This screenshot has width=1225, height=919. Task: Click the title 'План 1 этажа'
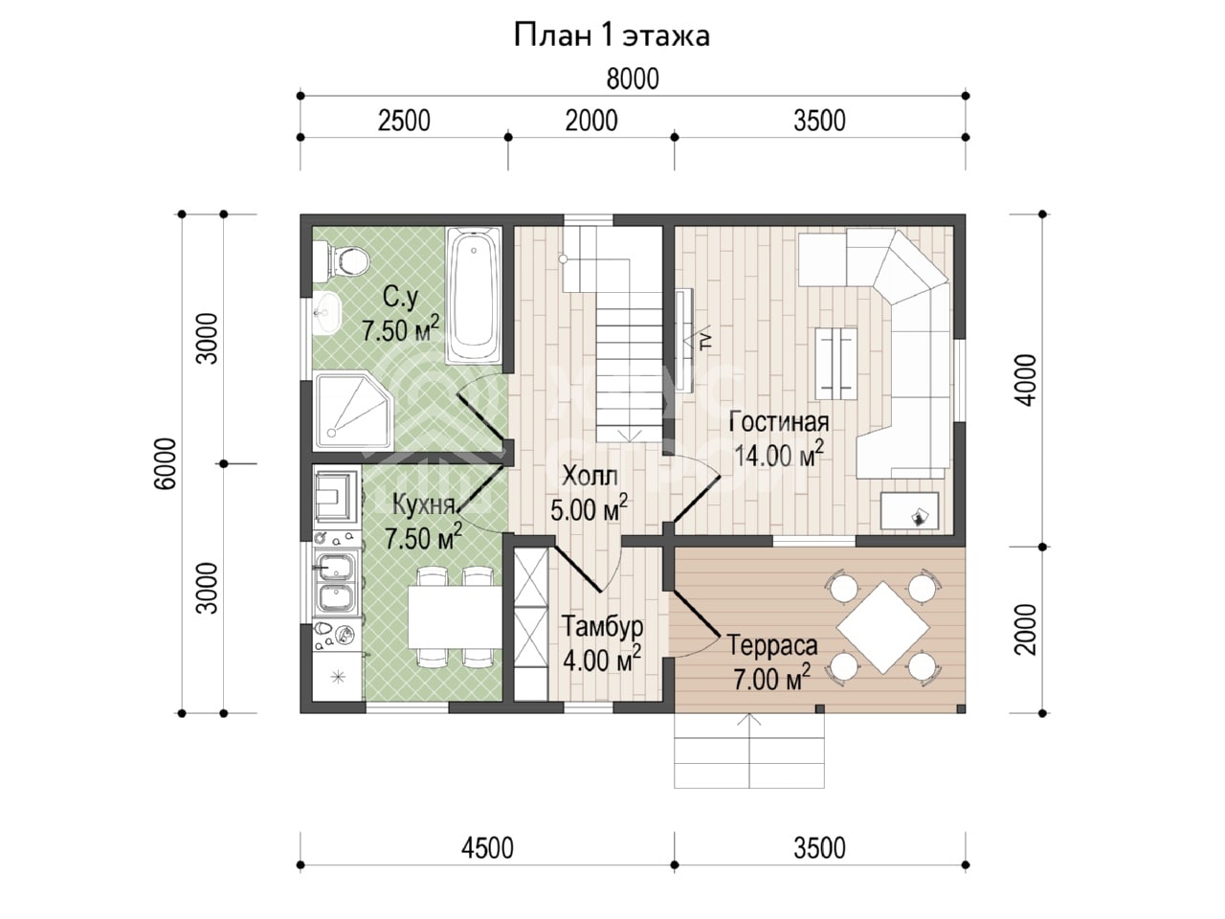(612, 35)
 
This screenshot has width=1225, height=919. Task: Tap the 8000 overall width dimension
(633, 79)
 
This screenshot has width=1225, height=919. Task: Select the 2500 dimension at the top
(404, 121)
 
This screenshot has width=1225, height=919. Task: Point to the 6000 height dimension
(166, 463)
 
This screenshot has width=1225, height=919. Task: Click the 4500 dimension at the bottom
(487, 849)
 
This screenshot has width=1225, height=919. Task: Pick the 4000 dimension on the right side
(1026, 380)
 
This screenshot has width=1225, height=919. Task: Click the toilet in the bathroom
(341, 260)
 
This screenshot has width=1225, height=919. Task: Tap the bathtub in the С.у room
(474, 296)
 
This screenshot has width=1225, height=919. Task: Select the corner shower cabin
(354, 412)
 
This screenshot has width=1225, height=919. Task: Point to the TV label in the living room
(706, 340)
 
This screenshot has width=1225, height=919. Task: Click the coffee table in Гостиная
(836, 364)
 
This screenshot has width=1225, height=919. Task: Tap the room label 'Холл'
(590, 476)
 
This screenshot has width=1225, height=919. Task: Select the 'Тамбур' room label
(602, 626)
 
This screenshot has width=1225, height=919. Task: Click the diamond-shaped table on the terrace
(883, 628)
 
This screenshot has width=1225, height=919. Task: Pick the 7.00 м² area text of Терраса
(771, 678)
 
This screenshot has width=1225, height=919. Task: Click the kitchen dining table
(455, 616)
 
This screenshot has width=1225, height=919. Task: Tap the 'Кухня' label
(424, 504)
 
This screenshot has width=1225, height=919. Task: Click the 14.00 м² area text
(778, 455)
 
